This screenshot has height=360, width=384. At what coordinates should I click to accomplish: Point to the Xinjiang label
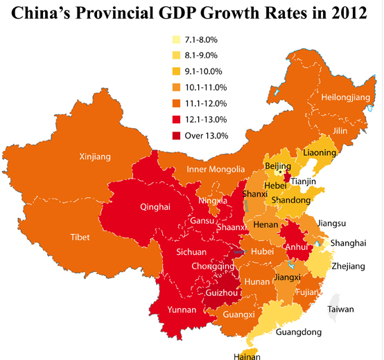[95, 157]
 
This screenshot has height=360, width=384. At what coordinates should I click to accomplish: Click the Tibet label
[80, 237]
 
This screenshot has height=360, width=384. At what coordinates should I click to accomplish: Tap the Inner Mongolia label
[216, 170]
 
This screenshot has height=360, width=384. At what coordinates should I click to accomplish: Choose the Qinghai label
[155, 206]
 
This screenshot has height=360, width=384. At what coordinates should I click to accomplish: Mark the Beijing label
[278, 166]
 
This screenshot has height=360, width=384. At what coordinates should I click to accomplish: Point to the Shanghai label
[347, 242]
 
